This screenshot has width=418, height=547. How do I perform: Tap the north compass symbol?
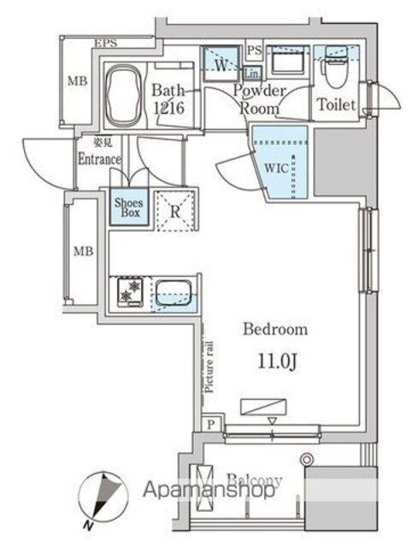103,500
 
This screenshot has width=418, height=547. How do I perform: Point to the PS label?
255,50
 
